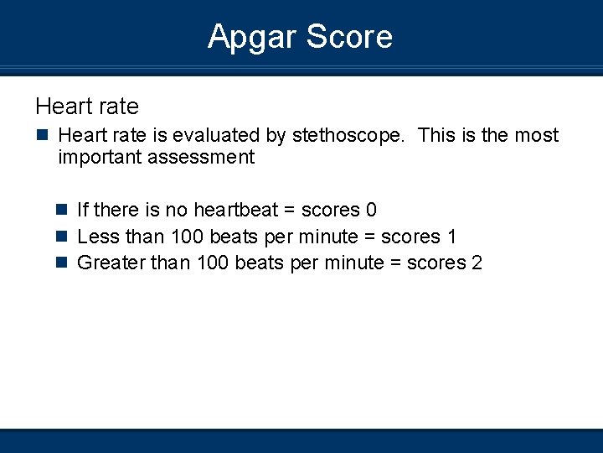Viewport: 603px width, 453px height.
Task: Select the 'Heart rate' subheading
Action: click(87, 107)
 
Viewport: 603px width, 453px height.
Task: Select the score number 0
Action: click(371, 210)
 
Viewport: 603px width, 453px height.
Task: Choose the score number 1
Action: click(452, 237)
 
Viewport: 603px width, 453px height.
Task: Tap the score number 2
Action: click(477, 263)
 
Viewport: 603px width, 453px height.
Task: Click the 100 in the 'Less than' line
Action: click(187, 237)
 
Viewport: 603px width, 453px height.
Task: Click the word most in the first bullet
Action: click(537, 136)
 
